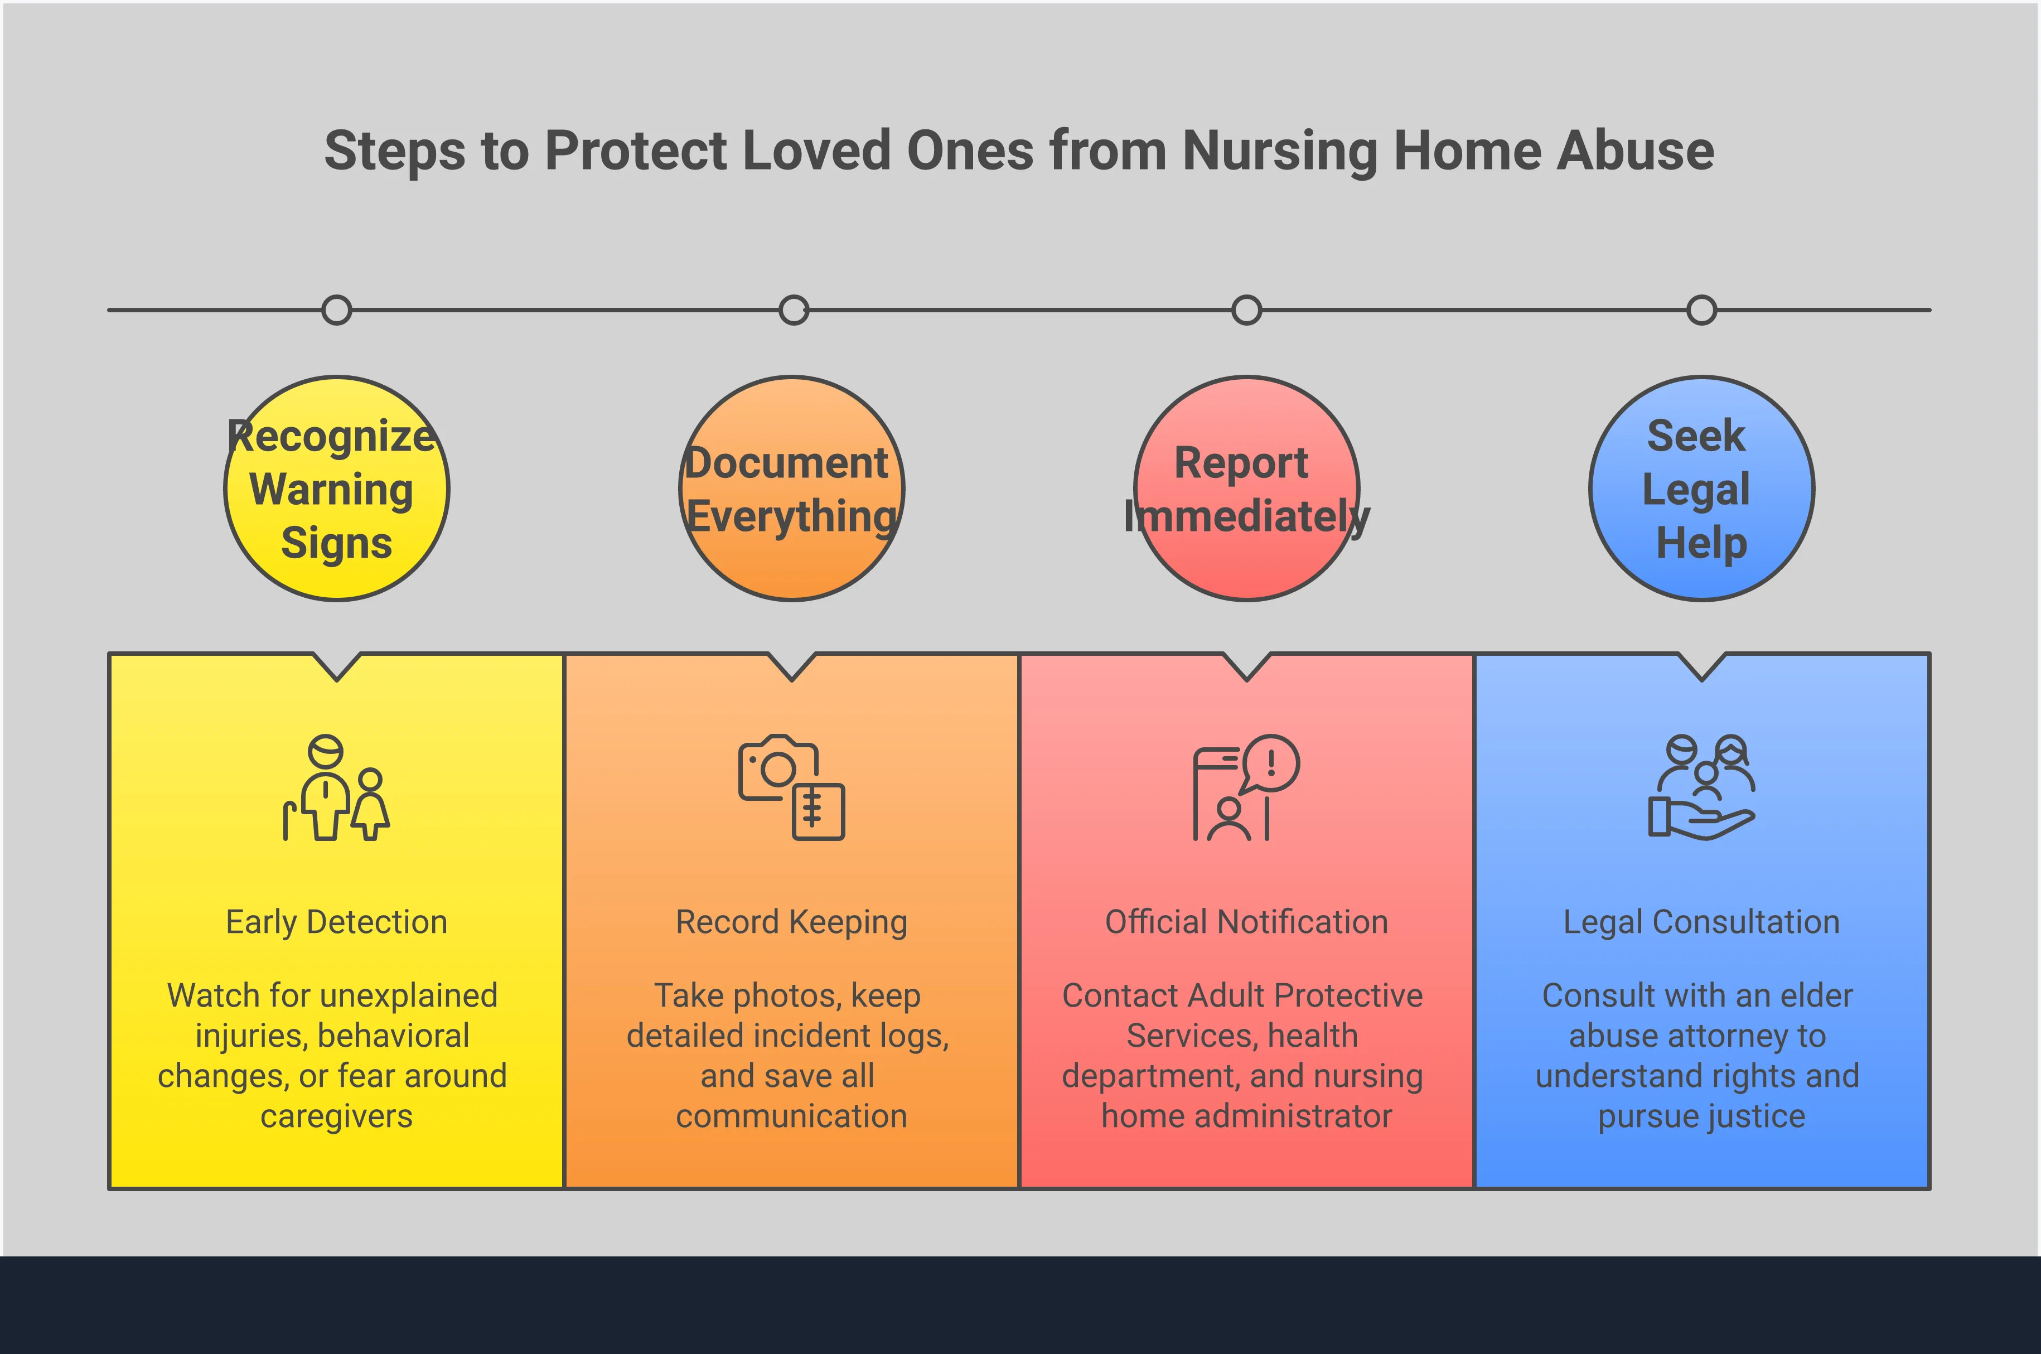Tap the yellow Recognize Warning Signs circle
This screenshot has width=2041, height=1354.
click(337, 489)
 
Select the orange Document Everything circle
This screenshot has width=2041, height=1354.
click(792, 489)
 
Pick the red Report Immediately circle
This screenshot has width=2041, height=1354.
click(1247, 489)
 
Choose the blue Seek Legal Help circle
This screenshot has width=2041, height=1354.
click(1702, 489)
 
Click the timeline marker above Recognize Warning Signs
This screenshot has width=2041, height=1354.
click(337, 310)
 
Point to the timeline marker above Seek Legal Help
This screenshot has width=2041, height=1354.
click(1702, 310)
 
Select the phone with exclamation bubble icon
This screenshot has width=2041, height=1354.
click(1247, 787)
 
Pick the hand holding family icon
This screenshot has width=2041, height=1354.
click(1702, 787)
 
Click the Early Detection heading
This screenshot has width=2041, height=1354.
click(337, 922)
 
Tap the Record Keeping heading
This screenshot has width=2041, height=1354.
click(792, 922)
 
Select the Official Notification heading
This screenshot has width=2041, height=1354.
click(1247, 922)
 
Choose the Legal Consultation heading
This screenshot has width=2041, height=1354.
click(1702, 922)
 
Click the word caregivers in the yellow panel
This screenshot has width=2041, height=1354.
click(337, 1116)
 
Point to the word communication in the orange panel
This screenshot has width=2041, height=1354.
click(792, 1116)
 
